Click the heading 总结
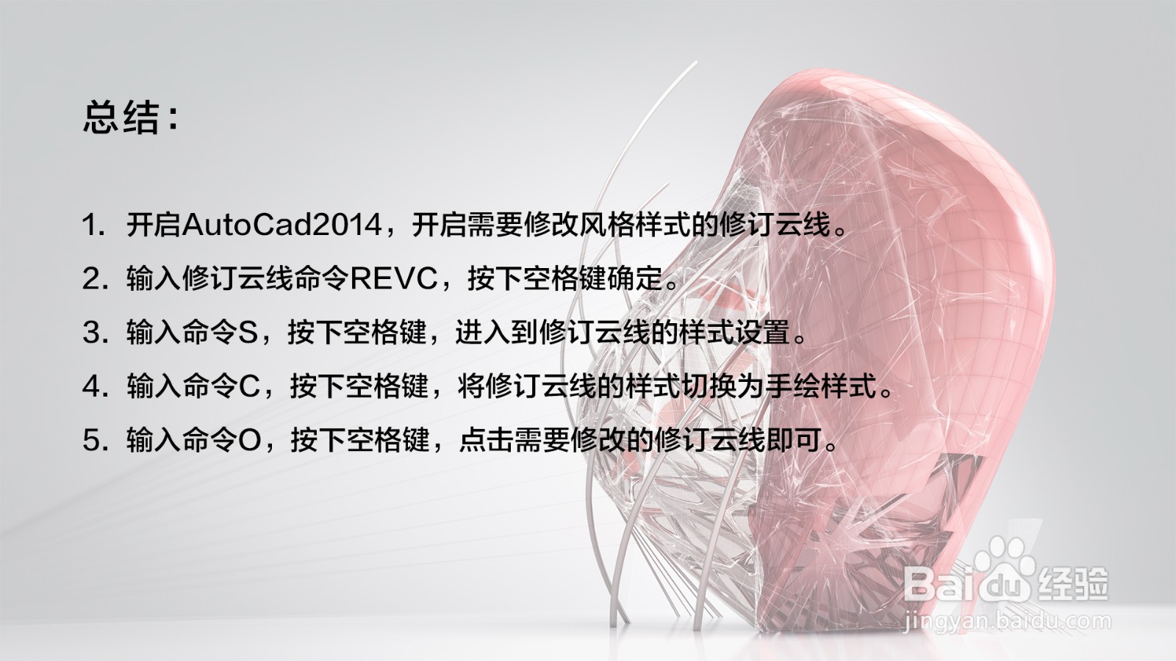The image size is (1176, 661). (x=121, y=118)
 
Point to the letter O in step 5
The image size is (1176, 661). (x=251, y=441)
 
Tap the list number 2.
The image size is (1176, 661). (x=92, y=279)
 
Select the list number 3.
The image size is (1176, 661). (x=92, y=333)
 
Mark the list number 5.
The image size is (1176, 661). (x=92, y=441)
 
